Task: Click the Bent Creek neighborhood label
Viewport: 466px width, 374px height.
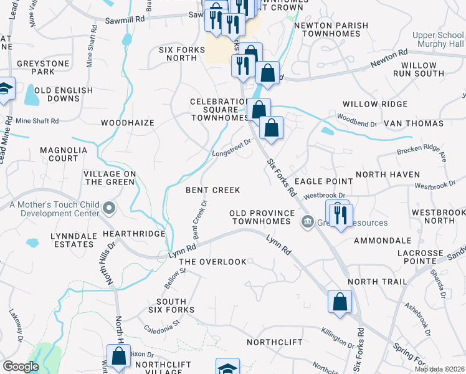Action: coord(212,189)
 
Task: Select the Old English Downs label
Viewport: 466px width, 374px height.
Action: coord(64,95)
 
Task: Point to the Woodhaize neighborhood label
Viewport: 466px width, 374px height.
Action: coord(127,123)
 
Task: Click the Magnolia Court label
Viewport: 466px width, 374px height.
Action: coord(59,154)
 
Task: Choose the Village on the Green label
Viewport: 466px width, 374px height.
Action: coord(110,178)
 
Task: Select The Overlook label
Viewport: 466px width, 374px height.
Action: coord(212,262)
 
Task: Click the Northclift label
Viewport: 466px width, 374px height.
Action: coord(274,342)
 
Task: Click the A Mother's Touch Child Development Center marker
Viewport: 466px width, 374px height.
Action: coord(110,208)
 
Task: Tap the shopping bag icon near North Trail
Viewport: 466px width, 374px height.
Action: coord(340,302)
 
